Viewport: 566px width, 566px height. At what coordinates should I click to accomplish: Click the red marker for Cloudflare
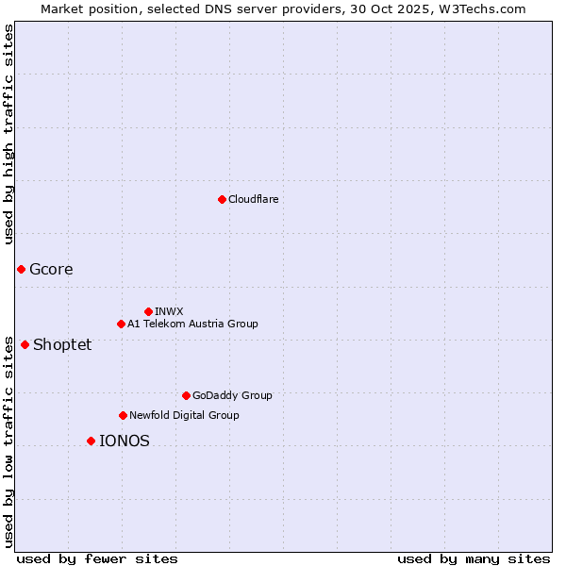222,199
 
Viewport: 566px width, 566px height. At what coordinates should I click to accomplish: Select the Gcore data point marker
21,269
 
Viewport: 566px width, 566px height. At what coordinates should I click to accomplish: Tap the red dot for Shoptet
25,344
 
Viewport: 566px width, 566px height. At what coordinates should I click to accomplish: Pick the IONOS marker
91,441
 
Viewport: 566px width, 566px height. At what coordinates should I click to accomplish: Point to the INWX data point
148,311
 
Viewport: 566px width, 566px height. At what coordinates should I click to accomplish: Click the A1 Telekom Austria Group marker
121,324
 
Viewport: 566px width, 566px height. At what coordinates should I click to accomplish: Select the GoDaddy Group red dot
186,395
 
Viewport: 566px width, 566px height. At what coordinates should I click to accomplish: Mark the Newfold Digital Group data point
123,415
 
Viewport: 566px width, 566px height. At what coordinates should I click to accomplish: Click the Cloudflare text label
254,199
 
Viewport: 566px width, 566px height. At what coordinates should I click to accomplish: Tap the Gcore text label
51,269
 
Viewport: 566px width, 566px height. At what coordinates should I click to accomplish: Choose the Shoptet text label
62,344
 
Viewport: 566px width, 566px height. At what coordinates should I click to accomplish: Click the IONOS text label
125,441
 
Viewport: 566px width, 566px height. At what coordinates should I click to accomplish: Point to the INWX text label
169,311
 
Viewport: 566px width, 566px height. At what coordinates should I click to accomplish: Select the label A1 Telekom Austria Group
192,324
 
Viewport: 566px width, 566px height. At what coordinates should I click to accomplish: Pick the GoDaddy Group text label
232,395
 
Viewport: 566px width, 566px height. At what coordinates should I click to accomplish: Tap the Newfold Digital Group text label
184,415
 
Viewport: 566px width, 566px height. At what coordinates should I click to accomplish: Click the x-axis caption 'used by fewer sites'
97,558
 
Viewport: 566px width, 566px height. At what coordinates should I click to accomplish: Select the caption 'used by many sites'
474,558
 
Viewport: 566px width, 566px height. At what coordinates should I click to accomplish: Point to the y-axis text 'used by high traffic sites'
8,134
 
